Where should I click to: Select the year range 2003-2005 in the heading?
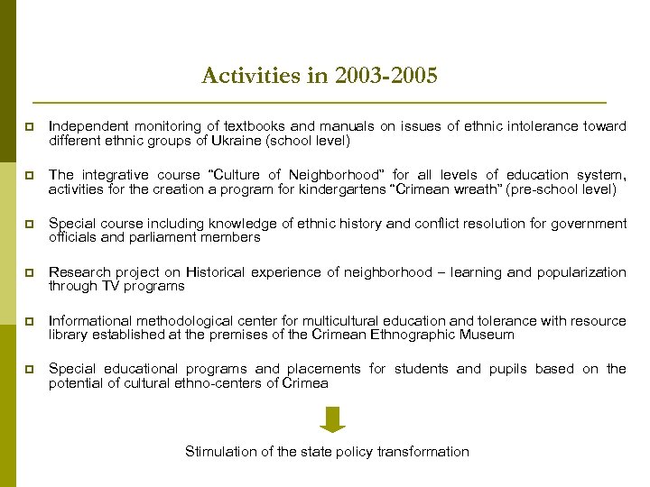point(385,76)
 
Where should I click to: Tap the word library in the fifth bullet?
point(69,335)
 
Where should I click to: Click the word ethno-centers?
point(224,384)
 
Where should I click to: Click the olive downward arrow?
point(333,419)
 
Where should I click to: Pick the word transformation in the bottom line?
point(422,451)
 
